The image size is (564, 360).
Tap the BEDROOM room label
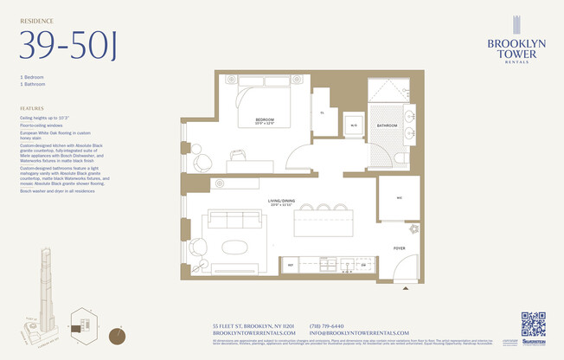265,119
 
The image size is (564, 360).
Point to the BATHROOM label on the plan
386,125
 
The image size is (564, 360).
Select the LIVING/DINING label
282,202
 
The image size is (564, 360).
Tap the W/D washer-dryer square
353,125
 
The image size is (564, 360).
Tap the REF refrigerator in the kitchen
292,265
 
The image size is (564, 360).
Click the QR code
533,324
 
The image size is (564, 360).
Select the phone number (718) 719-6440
327,325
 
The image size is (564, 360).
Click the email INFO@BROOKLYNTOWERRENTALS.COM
358,333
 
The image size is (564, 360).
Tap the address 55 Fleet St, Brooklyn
253,325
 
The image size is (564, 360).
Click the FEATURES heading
32,108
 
